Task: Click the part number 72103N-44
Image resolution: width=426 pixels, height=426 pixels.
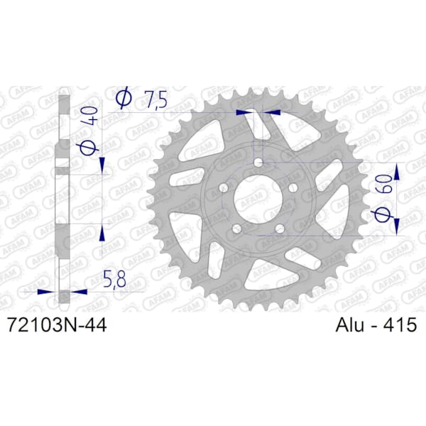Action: pyautogui.click(x=58, y=325)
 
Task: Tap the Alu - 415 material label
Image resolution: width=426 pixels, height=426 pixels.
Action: pyautogui.click(x=376, y=324)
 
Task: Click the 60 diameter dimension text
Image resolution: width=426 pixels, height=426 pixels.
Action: pyautogui.click(x=385, y=184)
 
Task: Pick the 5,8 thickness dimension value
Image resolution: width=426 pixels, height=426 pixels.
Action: pyautogui.click(x=115, y=279)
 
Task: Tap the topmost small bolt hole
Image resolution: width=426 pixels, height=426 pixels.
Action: pyautogui.click(x=258, y=163)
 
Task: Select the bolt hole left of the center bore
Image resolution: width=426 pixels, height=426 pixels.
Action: pyautogui.click(x=224, y=187)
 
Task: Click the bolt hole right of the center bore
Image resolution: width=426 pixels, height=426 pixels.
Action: pyautogui.click(x=293, y=187)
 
